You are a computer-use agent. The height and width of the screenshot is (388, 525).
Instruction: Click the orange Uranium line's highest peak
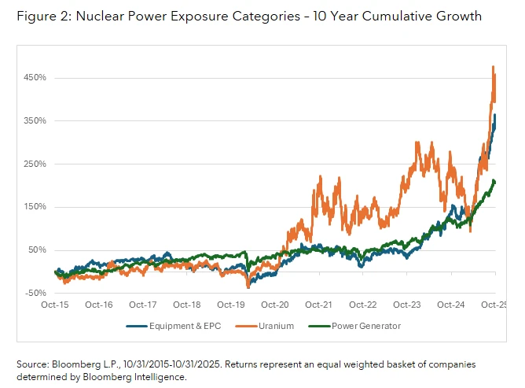click(493, 67)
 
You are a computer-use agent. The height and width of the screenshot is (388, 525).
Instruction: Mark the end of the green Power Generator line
click(494, 182)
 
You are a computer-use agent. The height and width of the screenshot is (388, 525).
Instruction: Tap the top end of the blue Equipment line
click(494, 116)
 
